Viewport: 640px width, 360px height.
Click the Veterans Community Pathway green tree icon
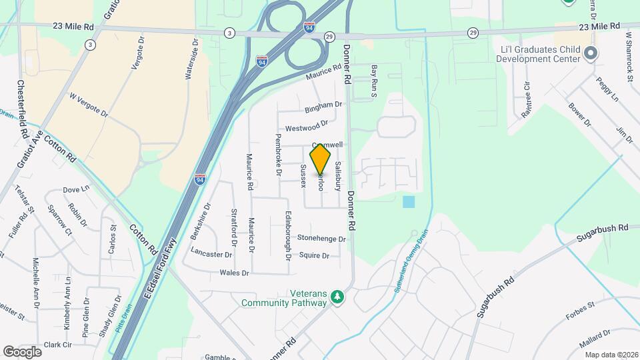[337, 296]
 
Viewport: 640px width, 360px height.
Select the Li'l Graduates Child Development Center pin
[589, 53]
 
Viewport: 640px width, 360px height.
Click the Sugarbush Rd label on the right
[603, 228]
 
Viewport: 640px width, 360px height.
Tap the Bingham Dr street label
[323, 105]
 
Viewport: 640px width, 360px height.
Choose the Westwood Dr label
[306, 125]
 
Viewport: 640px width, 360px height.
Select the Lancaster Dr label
[211, 254]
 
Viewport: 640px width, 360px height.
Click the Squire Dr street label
[314, 255]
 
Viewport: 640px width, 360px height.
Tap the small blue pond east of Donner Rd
[409, 201]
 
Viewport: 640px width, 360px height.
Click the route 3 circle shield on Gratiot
[89, 44]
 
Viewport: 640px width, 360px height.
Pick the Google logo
[22, 351]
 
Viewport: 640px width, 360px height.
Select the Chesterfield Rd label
[22, 109]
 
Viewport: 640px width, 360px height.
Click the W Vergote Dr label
[88, 105]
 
